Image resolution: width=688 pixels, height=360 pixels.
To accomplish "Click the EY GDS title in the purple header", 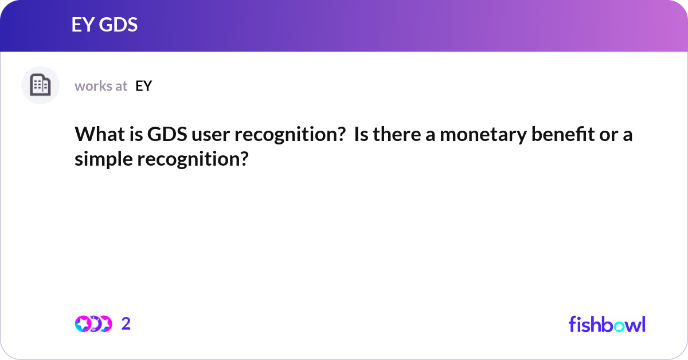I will click(104, 25).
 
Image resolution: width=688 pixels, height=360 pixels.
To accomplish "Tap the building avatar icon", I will click(40, 85).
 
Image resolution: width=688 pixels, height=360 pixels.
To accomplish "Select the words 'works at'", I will click(101, 86).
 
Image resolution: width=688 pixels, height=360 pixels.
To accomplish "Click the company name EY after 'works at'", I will click(143, 86).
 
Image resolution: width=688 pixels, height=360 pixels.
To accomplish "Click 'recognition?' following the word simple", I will click(192, 159).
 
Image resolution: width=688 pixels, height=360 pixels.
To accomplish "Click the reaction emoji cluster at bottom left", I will click(93, 324).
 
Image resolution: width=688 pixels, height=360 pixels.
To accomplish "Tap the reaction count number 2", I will click(126, 324).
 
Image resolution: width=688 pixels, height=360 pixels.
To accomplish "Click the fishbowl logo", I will click(607, 323).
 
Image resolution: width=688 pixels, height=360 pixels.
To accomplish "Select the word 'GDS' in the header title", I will click(118, 25).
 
